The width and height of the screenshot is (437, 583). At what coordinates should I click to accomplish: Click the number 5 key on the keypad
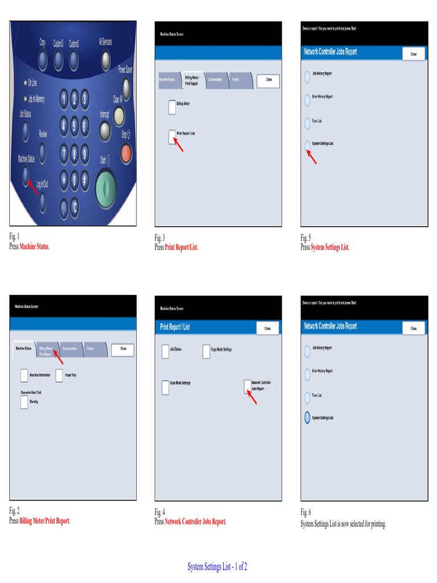click(x=74, y=126)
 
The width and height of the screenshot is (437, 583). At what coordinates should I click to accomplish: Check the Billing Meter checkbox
click(x=172, y=106)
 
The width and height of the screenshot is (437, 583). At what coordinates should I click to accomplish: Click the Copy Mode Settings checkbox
click(x=206, y=351)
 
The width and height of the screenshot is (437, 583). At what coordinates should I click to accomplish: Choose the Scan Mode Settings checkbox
click(x=165, y=387)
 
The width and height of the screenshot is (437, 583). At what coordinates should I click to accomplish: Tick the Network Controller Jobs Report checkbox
click(x=247, y=386)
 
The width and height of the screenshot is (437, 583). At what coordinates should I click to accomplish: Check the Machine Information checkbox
click(x=24, y=375)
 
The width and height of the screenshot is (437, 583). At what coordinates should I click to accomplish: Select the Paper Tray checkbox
click(x=60, y=375)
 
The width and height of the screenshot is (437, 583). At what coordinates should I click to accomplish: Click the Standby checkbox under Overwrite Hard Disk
click(x=24, y=402)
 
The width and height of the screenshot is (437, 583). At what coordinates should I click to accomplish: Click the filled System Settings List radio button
click(x=307, y=417)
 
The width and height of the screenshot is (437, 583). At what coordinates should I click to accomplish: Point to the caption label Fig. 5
click(x=306, y=237)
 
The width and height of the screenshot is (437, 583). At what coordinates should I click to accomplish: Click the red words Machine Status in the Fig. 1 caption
click(x=35, y=247)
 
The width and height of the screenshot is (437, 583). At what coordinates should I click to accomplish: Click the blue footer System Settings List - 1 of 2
click(x=217, y=566)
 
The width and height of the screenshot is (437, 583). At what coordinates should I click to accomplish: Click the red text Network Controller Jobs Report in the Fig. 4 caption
click(x=195, y=521)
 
